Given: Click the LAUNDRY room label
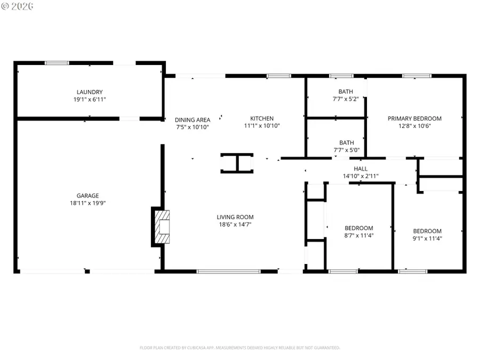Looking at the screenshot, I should pos(89,92).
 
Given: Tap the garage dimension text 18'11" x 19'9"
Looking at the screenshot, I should pos(87,203).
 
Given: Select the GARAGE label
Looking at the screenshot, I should pos(87,196).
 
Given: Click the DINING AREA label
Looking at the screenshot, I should pos(193,119).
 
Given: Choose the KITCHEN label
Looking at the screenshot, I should pos(262,118).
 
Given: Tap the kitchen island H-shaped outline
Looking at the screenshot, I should pos(237,163).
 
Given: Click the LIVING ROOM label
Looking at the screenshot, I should pos(235,217).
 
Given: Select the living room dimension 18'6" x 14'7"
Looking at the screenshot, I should pos(235,225).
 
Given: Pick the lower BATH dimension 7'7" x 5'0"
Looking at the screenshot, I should pos(347,150).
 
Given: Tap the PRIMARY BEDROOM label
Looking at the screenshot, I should pos(414,118).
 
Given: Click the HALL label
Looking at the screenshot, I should pos(361,169).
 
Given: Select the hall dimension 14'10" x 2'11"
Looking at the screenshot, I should pos(361,176).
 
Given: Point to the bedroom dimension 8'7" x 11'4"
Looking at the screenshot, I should pos(358,235).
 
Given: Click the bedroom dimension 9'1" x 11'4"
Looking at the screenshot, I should pos(427,238).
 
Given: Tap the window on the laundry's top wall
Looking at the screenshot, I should pos(57,63).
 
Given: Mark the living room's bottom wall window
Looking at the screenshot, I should pos(228,271).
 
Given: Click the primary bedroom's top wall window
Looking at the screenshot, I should pos(417,76).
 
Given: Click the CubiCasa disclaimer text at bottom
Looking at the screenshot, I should pos(240,348).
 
